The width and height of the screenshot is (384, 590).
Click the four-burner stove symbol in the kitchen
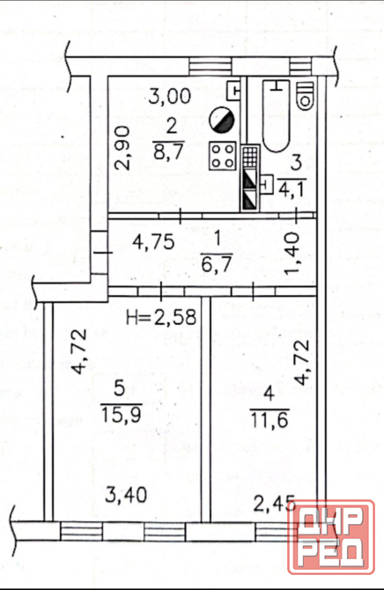pyautogui.click(x=223, y=155)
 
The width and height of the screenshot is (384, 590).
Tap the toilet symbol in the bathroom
pyautogui.click(x=305, y=96)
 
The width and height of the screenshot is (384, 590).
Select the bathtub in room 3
pyautogui.click(x=276, y=115)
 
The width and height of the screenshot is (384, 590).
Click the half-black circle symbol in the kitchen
pyautogui.click(x=222, y=120)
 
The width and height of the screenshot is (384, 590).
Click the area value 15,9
pyautogui.click(x=121, y=415)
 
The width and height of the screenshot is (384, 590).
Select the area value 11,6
pyautogui.click(x=270, y=419)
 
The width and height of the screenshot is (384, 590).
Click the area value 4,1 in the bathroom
pyautogui.click(x=292, y=188)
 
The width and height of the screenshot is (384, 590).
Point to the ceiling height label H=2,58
pyautogui.click(x=161, y=317)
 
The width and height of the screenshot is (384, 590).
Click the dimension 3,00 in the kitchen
pyautogui.click(x=170, y=96)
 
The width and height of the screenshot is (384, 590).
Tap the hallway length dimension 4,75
pyautogui.click(x=153, y=242)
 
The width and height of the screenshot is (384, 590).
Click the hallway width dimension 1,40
pyautogui.click(x=292, y=254)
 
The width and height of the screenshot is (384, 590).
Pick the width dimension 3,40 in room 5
pyautogui.click(x=126, y=495)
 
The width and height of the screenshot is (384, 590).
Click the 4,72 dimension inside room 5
pyautogui.click(x=79, y=351)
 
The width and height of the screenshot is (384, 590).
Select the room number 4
pyautogui.click(x=269, y=394)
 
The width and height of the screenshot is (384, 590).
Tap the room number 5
pyautogui.click(x=119, y=388)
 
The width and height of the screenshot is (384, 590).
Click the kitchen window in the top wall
pyautogui.click(x=210, y=67)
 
